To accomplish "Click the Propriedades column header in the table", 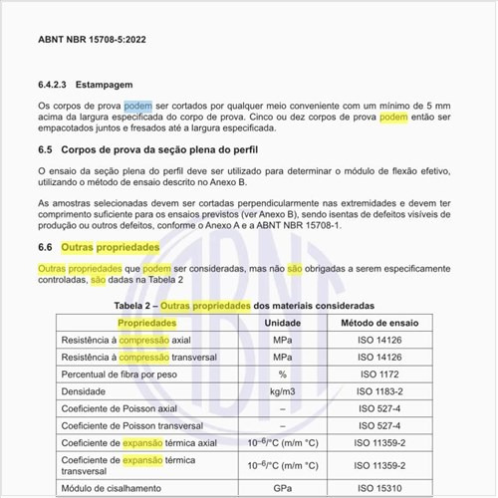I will [x=147, y=323].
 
